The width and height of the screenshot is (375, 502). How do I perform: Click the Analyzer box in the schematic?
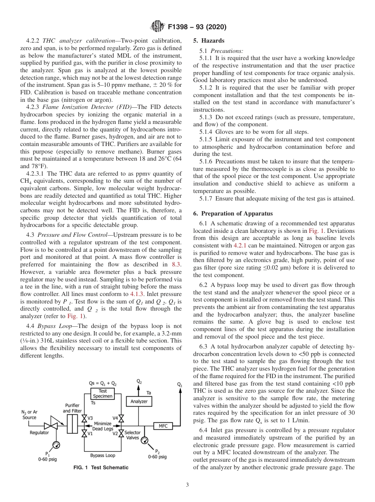[139, 401]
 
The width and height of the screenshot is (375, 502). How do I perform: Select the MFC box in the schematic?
[163, 426]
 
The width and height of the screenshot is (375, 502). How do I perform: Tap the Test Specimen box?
[102, 393]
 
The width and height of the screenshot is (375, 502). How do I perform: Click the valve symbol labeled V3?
[84, 418]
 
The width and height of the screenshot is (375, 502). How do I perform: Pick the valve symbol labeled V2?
[121, 433]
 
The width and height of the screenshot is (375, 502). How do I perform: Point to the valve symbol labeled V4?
[121, 418]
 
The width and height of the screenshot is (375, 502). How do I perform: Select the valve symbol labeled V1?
[84, 433]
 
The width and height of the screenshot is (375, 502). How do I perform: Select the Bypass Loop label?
[103, 455]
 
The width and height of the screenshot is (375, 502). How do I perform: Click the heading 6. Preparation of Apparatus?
[233, 214]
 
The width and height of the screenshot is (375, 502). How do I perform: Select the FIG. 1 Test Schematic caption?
[101, 468]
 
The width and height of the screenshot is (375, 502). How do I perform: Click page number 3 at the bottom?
[187, 485]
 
